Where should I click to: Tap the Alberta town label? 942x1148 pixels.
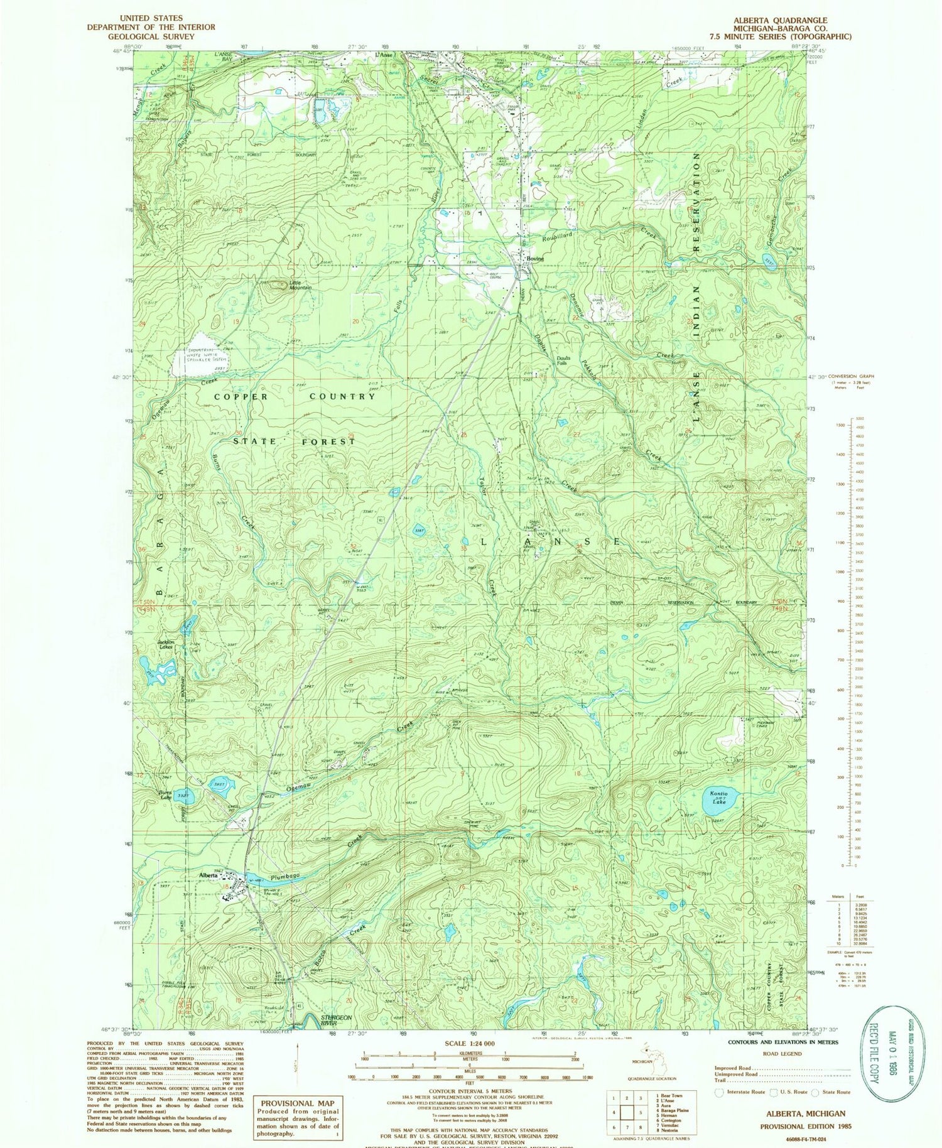(x=208, y=875)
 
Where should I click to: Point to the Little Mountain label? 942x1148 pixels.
(x=300, y=284)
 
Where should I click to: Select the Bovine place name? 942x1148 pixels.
(x=534, y=259)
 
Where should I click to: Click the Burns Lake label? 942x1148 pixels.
(x=165, y=795)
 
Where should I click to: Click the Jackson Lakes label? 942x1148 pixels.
(x=165, y=644)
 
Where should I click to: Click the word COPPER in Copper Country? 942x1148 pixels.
(x=241, y=397)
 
